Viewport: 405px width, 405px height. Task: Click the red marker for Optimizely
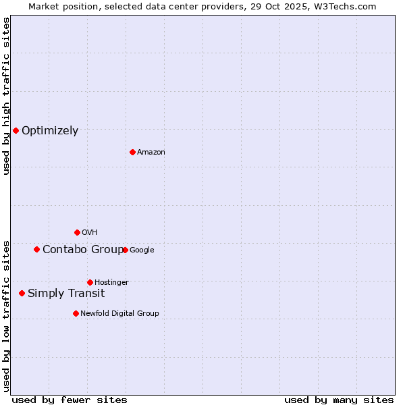tap(16, 130)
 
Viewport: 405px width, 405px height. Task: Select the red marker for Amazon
tap(132, 152)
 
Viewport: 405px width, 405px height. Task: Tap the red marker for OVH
tap(77, 232)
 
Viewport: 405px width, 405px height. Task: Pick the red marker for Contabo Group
tap(36, 249)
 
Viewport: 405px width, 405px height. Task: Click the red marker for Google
tap(125, 250)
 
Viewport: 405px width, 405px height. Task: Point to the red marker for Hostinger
tap(90, 282)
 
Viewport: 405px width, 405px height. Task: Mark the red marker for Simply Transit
tap(22, 293)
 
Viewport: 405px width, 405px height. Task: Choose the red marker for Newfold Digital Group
tap(76, 313)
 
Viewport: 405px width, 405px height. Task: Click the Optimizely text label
tap(50, 131)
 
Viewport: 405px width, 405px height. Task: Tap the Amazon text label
tap(151, 153)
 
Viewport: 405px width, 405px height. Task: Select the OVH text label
tap(90, 233)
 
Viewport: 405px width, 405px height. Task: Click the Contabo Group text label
tap(82, 250)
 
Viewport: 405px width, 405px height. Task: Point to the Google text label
tap(142, 250)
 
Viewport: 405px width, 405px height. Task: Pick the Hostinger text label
tap(111, 283)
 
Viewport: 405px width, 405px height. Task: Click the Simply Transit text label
tap(66, 294)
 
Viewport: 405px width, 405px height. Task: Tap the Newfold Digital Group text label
tap(119, 314)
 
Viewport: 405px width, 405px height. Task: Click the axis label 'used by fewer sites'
tap(70, 400)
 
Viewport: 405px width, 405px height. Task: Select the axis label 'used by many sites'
tap(339, 400)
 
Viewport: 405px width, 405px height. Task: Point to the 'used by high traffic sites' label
tap(6, 96)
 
